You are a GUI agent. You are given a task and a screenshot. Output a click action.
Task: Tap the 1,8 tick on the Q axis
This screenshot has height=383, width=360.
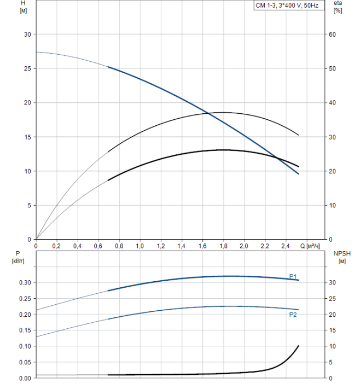[223, 246]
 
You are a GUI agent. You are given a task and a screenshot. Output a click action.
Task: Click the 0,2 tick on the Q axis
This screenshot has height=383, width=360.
[56, 246]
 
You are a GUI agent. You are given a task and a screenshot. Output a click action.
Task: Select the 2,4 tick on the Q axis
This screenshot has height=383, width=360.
[286, 246]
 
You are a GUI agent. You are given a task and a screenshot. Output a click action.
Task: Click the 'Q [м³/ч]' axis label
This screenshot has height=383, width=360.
[311, 246]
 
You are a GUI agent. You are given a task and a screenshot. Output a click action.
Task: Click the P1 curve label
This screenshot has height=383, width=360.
[293, 276]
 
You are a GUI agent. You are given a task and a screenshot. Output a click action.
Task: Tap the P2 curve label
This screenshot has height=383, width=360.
[293, 315]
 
